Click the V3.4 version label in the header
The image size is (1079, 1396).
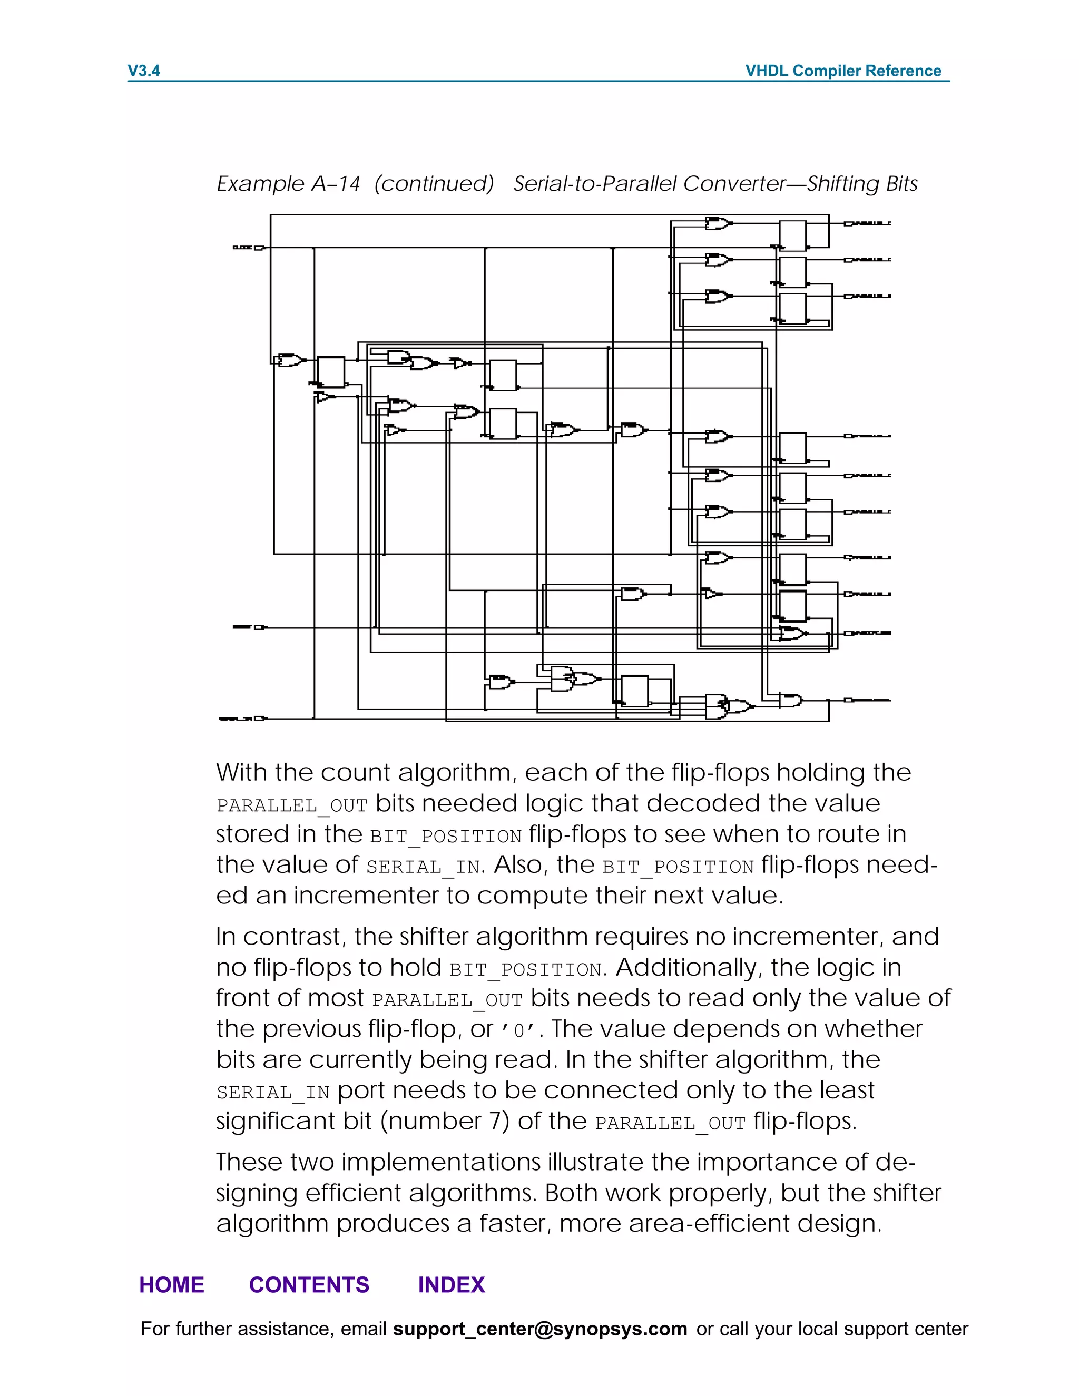144,71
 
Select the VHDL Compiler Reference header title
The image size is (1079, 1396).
842,71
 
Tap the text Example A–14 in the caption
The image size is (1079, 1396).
288,184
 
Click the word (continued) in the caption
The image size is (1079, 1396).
434,184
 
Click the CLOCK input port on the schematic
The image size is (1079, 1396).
258,248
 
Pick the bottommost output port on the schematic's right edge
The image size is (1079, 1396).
849,701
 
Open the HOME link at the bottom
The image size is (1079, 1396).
172,1285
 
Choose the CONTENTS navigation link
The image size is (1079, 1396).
309,1285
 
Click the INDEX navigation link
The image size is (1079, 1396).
452,1285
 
